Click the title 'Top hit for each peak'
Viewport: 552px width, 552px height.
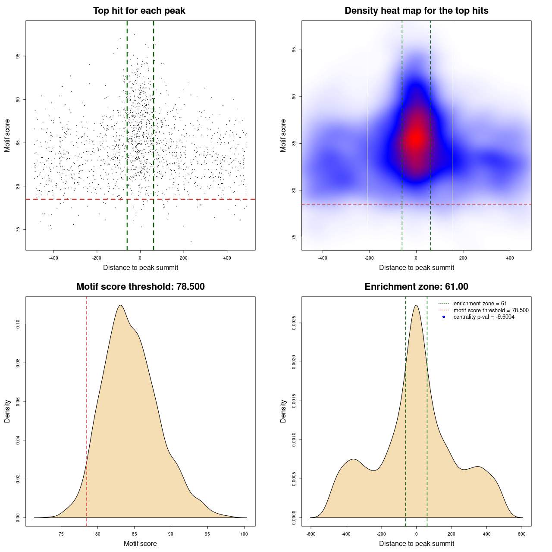(x=139, y=11)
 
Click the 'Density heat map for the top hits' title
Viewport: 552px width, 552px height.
(x=416, y=11)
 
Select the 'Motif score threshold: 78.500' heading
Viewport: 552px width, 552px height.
(x=140, y=287)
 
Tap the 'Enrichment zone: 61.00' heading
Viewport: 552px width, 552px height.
(x=416, y=287)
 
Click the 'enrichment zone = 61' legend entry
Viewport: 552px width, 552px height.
(x=480, y=304)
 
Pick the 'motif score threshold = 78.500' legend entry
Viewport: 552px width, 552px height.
(x=491, y=310)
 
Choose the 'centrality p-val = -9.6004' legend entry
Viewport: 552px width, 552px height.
(x=484, y=317)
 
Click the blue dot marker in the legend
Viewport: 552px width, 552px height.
(x=444, y=317)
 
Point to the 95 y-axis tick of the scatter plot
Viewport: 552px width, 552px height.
(x=18, y=56)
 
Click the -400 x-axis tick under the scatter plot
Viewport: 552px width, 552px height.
(x=53, y=258)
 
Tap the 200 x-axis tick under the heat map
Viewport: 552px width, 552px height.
(x=463, y=258)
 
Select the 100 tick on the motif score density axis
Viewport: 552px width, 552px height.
(x=244, y=534)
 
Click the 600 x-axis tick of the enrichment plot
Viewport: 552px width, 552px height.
(x=522, y=534)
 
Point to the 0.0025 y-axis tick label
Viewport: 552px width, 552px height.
(x=294, y=323)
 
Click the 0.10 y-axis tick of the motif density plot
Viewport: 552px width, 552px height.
(x=18, y=324)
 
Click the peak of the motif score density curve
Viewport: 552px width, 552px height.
(x=120, y=305)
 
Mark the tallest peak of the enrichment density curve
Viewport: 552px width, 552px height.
(x=416, y=305)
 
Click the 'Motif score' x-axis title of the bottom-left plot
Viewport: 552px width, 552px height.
(x=140, y=543)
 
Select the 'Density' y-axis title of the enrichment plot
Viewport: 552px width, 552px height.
(x=283, y=411)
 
